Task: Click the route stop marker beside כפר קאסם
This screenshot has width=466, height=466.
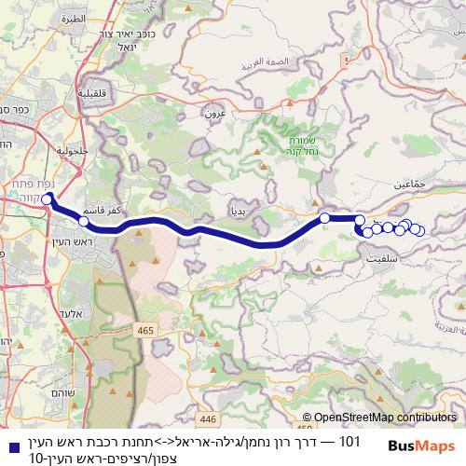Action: [84, 222]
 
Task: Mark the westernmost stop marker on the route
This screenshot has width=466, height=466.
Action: [47, 198]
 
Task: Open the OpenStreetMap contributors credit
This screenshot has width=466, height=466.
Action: [380, 418]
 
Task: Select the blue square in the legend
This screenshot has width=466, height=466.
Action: [9, 440]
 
